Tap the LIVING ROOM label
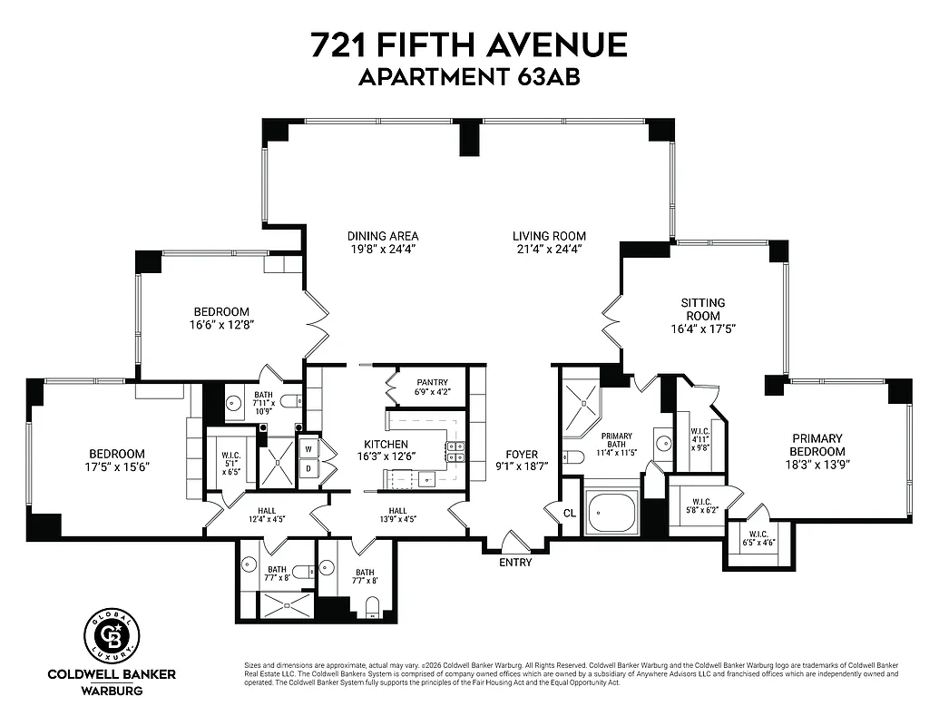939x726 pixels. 549,235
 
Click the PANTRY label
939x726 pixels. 433,382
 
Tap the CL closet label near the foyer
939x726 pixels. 569,512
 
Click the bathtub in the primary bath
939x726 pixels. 614,514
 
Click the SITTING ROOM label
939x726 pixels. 703,309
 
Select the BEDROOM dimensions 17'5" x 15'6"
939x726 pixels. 116,466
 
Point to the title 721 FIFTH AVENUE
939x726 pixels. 469,44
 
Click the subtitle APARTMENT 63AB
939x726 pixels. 469,77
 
